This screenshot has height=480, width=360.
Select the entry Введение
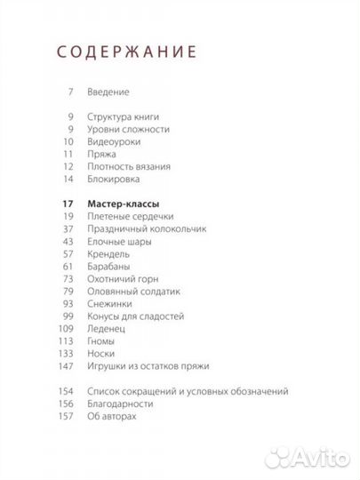[109, 92]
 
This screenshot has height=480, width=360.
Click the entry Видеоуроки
[115, 141]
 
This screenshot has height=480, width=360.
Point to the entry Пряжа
[103, 154]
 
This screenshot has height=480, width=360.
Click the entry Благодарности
[121, 403]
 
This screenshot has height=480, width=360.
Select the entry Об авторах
[114, 415]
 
